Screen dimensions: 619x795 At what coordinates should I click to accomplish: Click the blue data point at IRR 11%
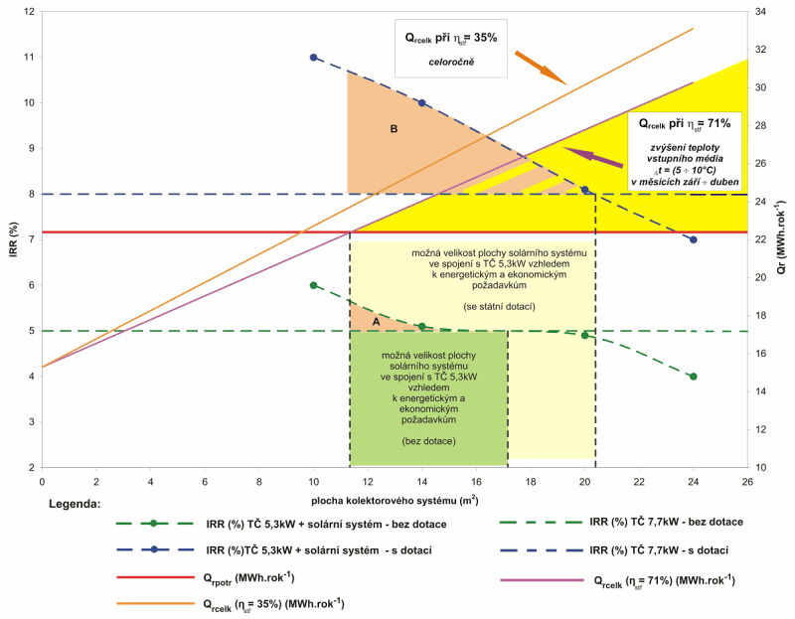pos(314,58)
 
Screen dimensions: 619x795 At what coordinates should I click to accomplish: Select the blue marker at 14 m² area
pos(422,103)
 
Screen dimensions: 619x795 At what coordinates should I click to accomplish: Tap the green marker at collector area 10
pos(314,285)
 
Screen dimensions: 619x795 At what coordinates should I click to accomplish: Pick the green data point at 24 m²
pos(694,377)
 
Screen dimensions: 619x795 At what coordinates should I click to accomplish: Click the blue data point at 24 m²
pos(694,239)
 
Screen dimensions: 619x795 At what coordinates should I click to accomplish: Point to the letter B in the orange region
pos(394,128)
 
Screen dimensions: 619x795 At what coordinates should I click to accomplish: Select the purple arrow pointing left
pos(592,156)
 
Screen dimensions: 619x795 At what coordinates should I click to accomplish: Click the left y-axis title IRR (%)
pos(12,240)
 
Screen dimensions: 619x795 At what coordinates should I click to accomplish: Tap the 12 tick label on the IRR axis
pos(28,12)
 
